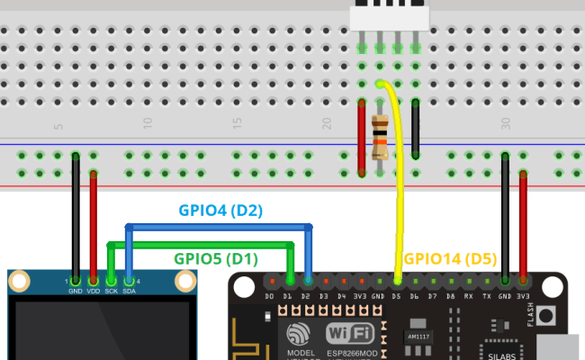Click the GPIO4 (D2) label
pyautogui.click(x=220, y=211)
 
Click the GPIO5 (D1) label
pyautogui.click(x=217, y=259)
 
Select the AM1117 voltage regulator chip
pyautogui.click(x=418, y=334)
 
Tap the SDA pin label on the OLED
pyautogui.click(x=129, y=291)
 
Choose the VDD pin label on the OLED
pyautogui.click(x=94, y=291)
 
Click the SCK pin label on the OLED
pyautogui.click(x=111, y=291)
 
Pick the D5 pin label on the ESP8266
pyautogui.click(x=397, y=295)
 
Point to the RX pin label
pyautogui.click(x=469, y=295)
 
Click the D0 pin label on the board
pyautogui.click(x=270, y=295)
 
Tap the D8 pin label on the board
pyautogui.click(x=451, y=295)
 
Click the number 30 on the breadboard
pyautogui.click(x=506, y=125)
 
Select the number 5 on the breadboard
pyautogui.click(x=58, y=125)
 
